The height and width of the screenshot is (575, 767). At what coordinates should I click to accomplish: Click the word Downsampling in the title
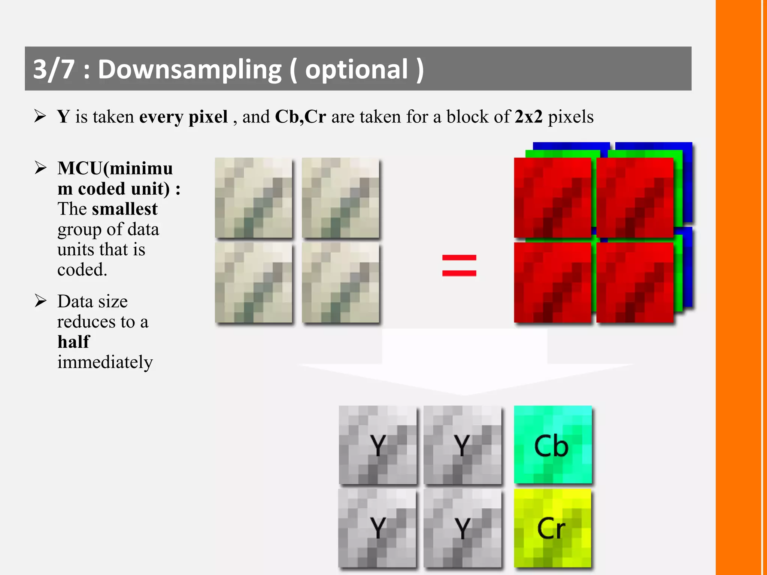pos(190,70)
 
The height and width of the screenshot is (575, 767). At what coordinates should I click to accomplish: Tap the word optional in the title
pos(356,70)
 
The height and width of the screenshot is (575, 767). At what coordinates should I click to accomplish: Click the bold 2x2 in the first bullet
pos(528,116)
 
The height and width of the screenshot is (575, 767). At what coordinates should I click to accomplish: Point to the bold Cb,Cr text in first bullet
pos(300,116)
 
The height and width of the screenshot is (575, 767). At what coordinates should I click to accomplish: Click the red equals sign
pos(459,265)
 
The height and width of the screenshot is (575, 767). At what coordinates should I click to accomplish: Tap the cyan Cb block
pos(553,445)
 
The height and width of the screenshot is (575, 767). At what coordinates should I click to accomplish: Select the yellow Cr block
pos(552,528)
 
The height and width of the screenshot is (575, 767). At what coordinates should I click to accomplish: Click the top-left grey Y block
pos(378,445)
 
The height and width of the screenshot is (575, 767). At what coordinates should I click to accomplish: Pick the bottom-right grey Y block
pos(463,528)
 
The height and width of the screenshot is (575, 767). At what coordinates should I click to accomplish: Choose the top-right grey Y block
pos(463,445)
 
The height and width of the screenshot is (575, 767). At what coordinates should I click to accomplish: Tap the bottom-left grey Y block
pos(377,528)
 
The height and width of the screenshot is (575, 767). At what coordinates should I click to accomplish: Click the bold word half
pos(74,342)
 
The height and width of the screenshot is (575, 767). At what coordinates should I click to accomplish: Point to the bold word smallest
pos(125,209)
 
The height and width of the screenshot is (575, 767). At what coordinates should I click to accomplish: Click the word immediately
pos(105,362)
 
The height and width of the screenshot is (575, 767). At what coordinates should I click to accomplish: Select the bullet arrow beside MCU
pos(40,168)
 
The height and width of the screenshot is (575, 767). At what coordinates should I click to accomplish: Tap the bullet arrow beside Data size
pos(40,301)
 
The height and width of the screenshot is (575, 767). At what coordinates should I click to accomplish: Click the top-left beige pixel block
pos(254,198)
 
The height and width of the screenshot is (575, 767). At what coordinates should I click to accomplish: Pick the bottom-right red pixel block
pos(635,283)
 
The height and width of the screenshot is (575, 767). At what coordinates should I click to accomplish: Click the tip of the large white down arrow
pos(464,394)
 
